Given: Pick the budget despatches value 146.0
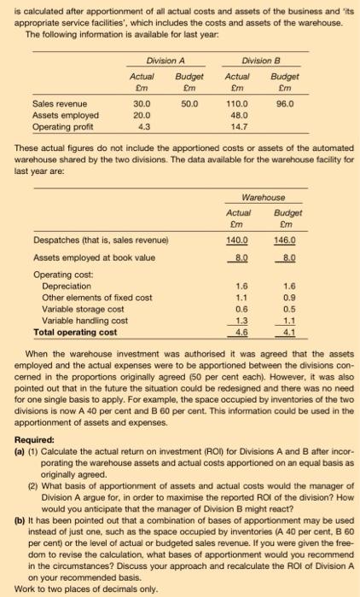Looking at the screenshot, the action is pyautogui.click(x=291, y=240).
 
